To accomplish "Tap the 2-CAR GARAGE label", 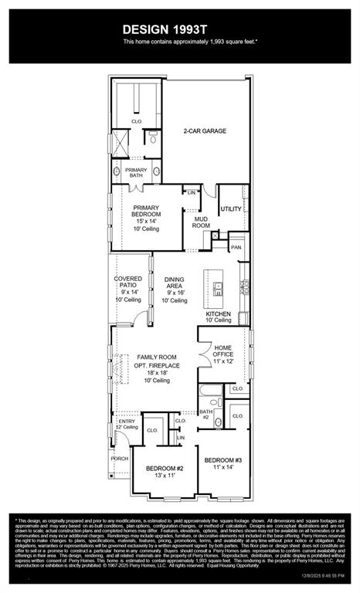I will click(205, 131).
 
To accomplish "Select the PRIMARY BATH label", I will click(136, 173).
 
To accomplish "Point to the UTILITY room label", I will click(231, 209).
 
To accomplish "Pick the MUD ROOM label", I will click(201, 221).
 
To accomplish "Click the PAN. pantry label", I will click(236, 247).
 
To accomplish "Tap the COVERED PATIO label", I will click(128, 283).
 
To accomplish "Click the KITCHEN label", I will click(219, 314).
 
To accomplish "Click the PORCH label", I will click(120, 458).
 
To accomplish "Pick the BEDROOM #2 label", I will click(164, 468).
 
